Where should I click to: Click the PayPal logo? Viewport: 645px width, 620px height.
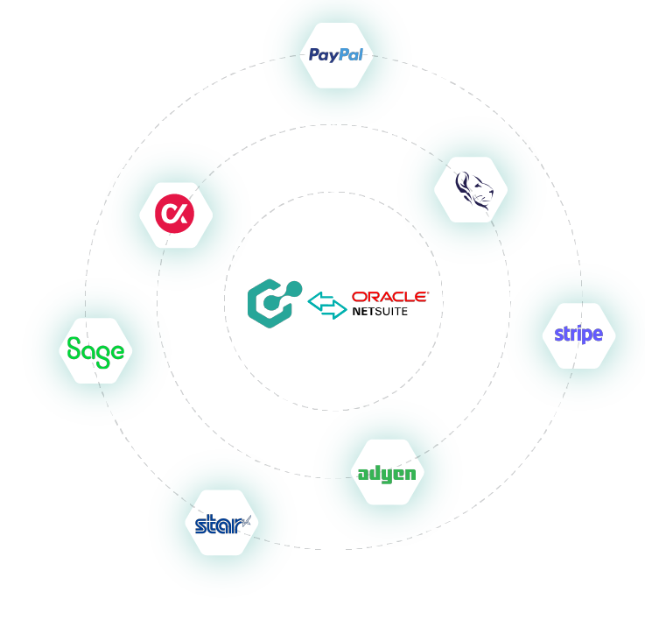pos(337,55)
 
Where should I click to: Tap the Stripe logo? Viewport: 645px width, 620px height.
pos(578,335)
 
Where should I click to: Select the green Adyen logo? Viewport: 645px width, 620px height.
pos(387,474)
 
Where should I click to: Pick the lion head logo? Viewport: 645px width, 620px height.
pos(473,188)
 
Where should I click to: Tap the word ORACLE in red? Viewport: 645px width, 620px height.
pos(389,297)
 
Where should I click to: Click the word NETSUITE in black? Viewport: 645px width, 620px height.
pos(381,311)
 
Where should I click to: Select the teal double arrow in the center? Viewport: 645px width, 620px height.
pos(326,305)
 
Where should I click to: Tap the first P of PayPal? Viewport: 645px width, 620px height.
pos(314,55)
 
